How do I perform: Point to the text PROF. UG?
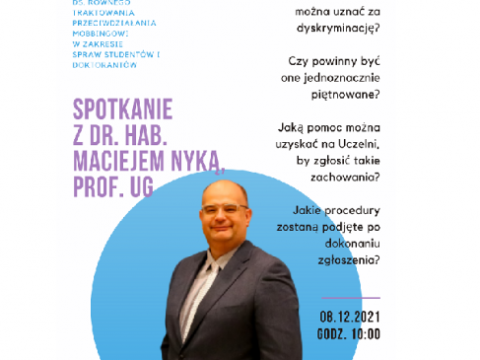pyautogui.click(x=113, y=186)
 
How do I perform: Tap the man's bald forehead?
pyautogui.click(x=217, y=194)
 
